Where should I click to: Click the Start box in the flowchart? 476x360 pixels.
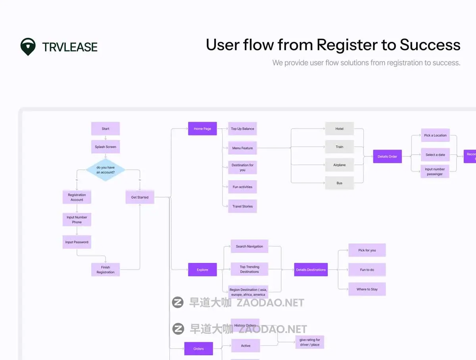pos(106,129)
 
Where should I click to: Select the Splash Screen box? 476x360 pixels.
pos(106,147)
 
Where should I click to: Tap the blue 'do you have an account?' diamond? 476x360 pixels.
pos(106,170)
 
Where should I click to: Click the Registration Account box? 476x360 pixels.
pos(77,197)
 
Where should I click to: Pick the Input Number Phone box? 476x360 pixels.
pos(77,219)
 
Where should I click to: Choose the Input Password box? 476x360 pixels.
pos(77,242)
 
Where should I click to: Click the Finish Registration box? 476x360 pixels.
pos(106,270)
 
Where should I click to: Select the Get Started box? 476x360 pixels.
pos(140,197)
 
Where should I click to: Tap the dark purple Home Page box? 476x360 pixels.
pos(202,129)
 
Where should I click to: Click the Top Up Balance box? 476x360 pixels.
pos(242,129)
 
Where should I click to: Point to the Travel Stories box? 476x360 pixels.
pos(242,206)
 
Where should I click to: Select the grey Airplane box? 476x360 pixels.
pos(340,165)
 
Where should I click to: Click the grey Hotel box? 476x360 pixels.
pos(340,129)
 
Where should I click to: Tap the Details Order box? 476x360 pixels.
pos(388,156)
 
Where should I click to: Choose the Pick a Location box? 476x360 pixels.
pos(435,135)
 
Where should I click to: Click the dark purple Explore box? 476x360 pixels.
pos(202,270)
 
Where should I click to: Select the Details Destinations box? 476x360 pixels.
pos(311,270)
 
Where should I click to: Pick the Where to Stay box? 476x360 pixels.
pos(367,289)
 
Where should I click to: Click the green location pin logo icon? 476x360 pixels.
pos(28,46)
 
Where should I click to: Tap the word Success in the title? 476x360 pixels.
pos(430,45)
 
